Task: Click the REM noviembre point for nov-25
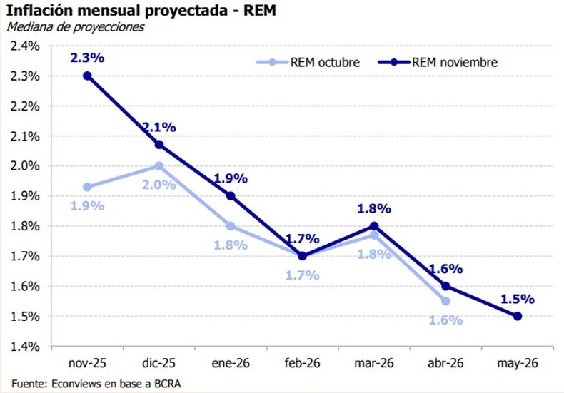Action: click(86, 76)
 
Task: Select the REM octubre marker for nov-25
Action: click(86, 187)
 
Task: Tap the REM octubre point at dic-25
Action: click(158, 165)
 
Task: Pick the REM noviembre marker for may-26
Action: click(518, 316)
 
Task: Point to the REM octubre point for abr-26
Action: click(445, 301)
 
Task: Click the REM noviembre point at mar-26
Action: click(374, 226)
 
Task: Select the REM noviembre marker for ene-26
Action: click(231, 195)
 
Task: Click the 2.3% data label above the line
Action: click(86, 57)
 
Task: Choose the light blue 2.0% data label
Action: click(159, 184)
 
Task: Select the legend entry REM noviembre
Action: click(454, 62)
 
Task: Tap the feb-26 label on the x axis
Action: click(302, 363)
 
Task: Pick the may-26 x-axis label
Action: click(518, 363)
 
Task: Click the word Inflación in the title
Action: click(34, 10)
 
